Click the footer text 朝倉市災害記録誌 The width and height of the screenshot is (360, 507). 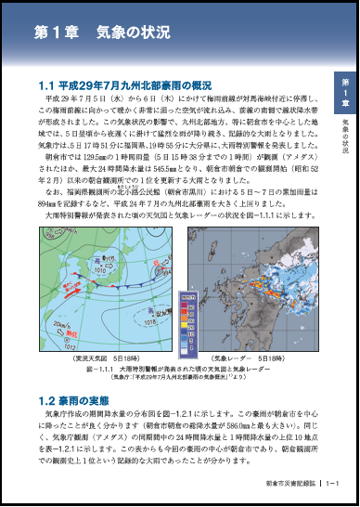pos(290,482)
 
